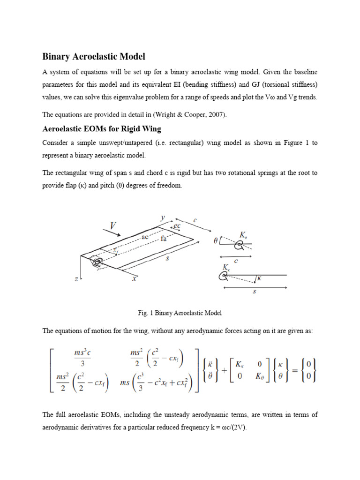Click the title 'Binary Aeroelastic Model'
(x=94, y=57)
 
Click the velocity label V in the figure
(x=113, y=226)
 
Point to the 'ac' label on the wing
(x=145, y=238)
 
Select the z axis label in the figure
(x=76, y=279)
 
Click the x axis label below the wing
(x=134, y=278)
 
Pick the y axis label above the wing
(x=163, y=217)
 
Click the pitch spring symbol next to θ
(x=240, y=244)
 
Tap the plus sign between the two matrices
(x=224, y=370)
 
